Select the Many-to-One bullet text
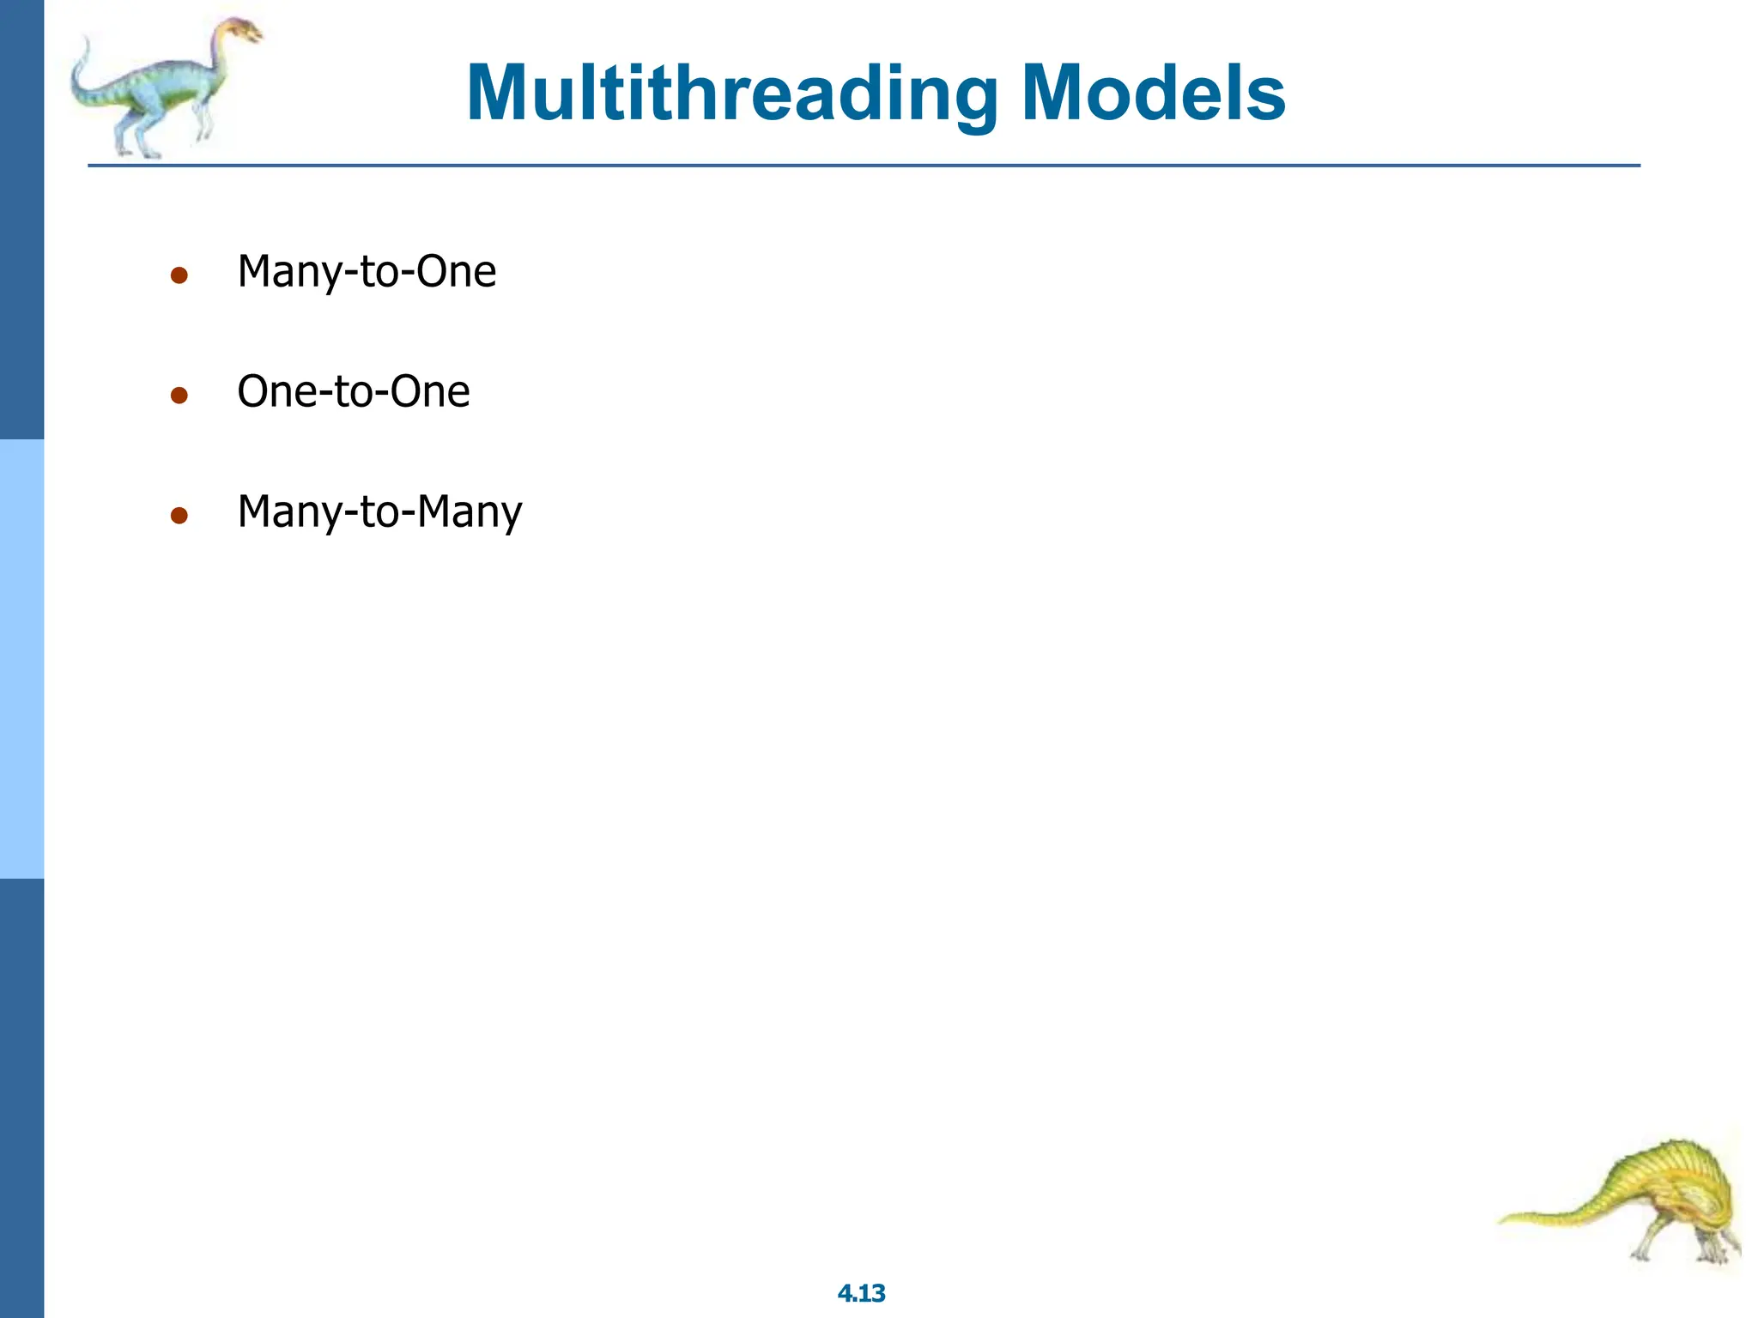coord(367,272)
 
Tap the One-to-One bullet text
coord(353,392)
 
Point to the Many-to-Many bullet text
coord(379,512)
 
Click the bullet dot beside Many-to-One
coord(179,275)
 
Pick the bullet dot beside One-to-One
coord(179,396)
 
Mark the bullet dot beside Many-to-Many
coord(179,516)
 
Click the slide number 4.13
coord(861,1293)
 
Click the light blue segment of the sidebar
coord(21,659)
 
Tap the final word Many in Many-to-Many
coord(470,512)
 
